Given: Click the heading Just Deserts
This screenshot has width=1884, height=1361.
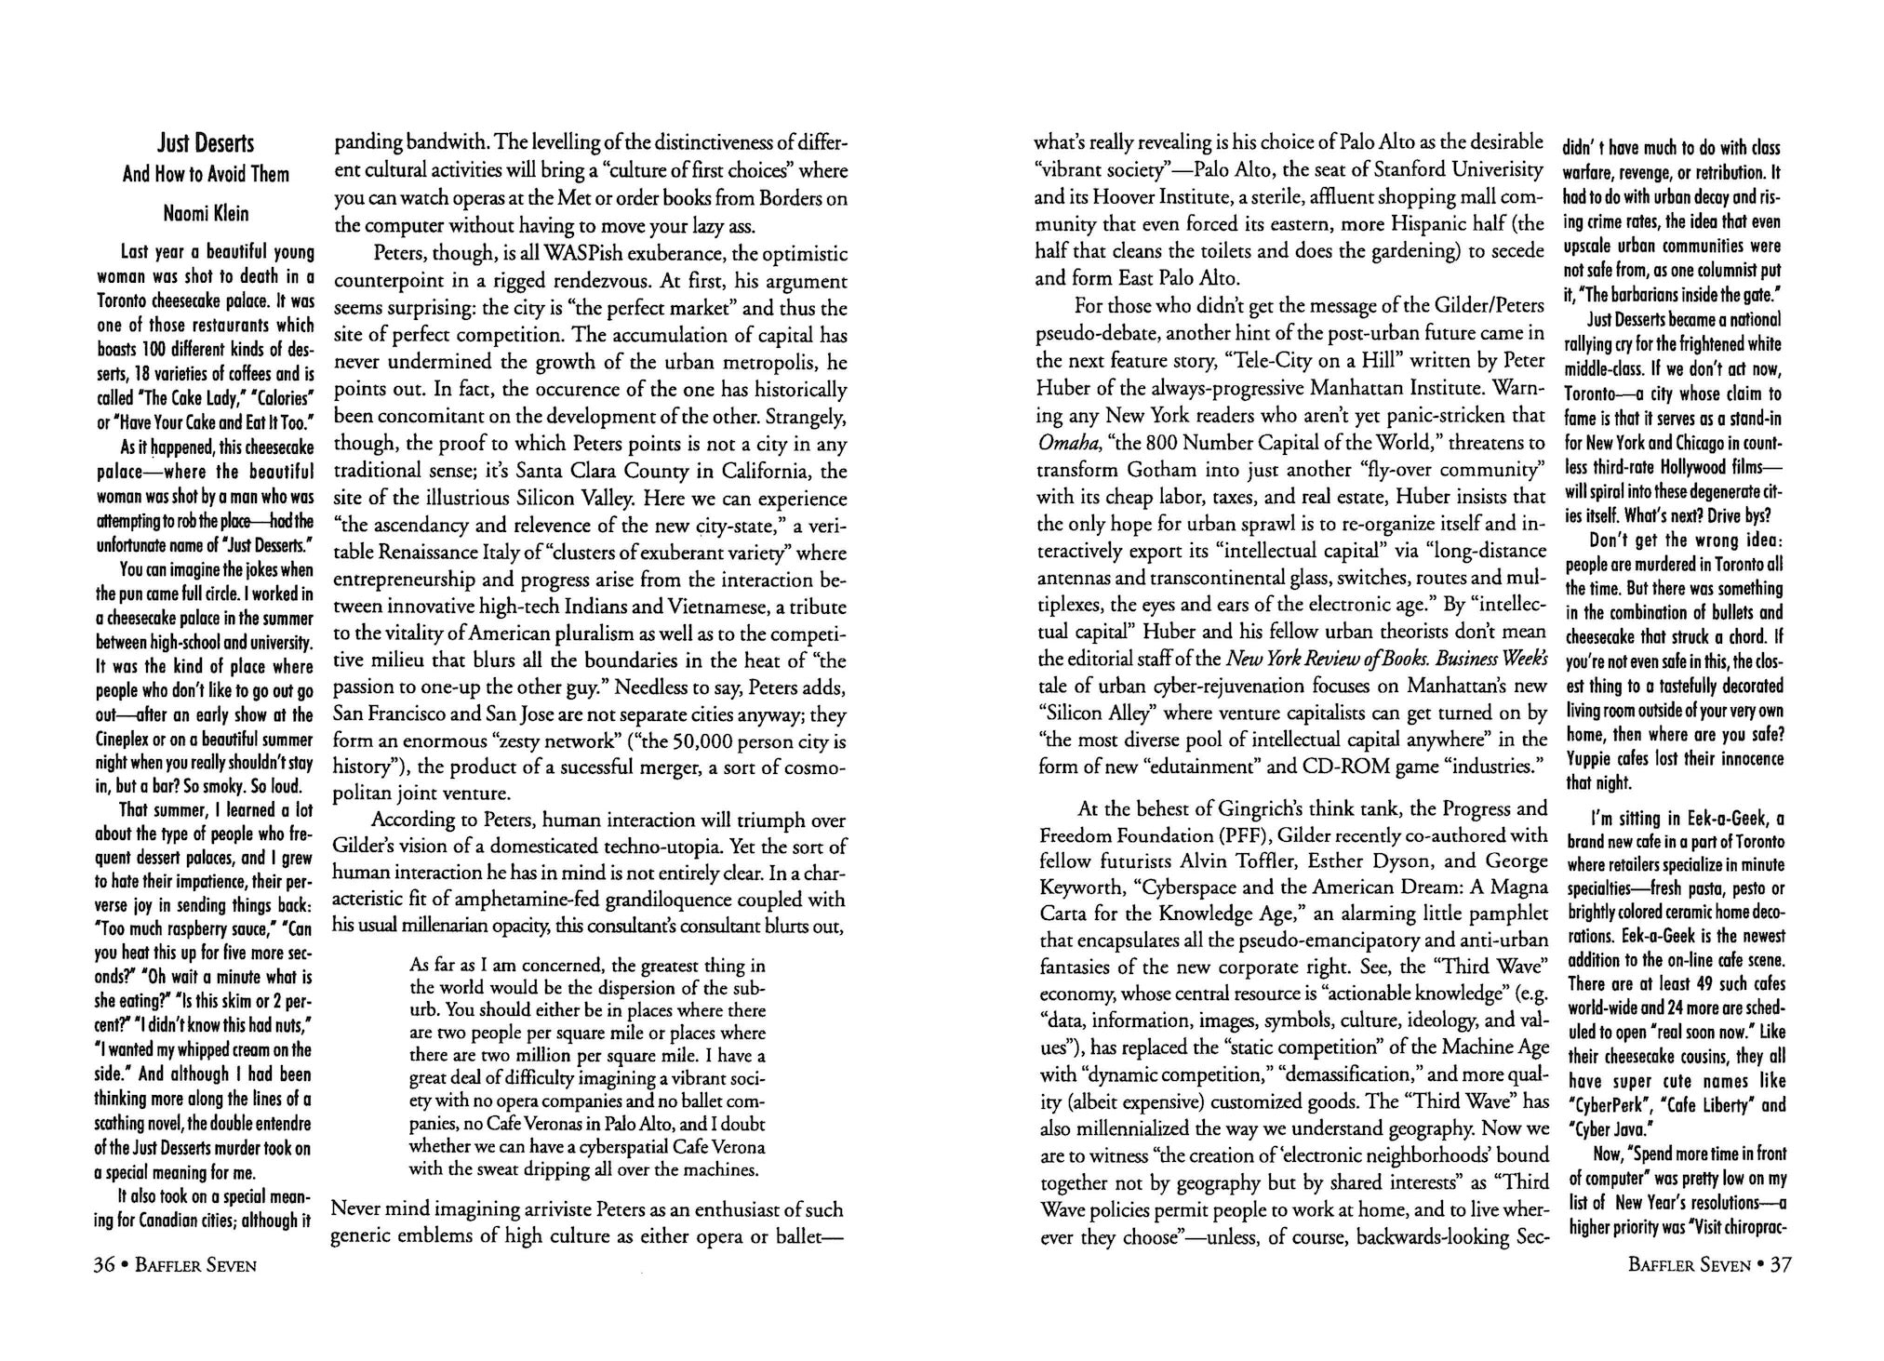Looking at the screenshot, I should click(x=206, y=144).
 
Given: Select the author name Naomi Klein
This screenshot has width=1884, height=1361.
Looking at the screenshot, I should click(x=206, y=213).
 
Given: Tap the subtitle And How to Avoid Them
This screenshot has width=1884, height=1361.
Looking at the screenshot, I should click(x=206, y=175).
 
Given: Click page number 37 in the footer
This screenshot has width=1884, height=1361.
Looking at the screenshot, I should click(x=1781, y=1265).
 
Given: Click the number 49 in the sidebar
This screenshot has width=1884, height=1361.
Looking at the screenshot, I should click(x=1695, y=984).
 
